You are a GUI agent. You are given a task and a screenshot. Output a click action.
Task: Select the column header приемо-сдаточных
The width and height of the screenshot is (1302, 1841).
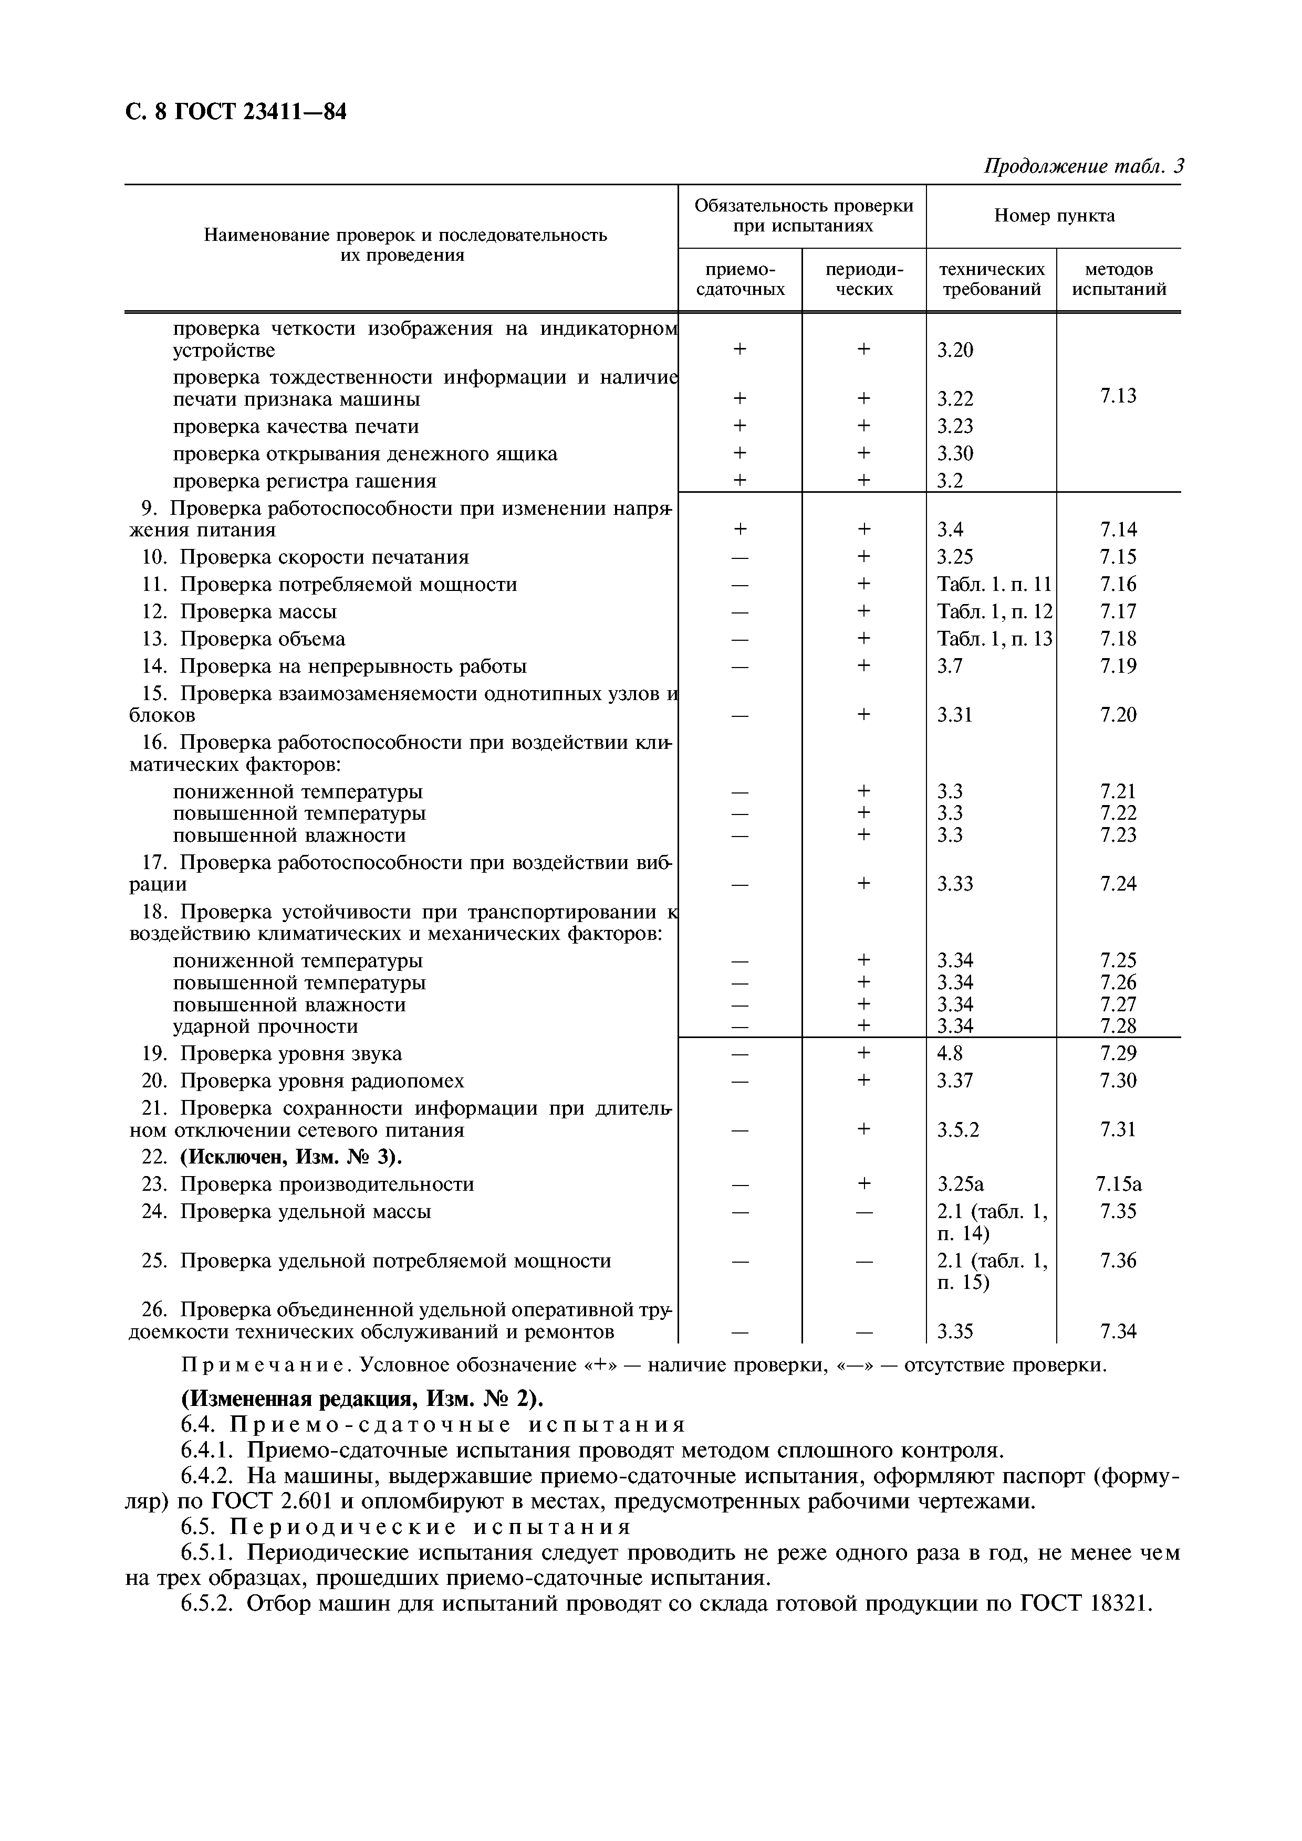click(739, 279)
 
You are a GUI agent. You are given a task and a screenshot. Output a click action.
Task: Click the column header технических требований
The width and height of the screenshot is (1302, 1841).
click(992, 279)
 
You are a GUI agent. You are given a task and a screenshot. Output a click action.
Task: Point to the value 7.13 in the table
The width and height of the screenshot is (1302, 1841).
click(1118, 395)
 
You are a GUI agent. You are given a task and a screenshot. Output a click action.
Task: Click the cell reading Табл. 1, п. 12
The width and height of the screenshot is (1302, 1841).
click(994, 612)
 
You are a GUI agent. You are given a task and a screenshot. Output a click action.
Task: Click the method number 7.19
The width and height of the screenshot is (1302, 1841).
click(1118, 666)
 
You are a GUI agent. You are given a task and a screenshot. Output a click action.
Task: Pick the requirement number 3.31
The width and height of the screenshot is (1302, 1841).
click(955, 714)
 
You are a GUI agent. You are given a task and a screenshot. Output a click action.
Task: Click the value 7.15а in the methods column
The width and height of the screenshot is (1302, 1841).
click(1118, 1184)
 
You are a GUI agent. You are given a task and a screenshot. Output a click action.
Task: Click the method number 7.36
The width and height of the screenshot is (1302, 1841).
click(1118, 1261)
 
